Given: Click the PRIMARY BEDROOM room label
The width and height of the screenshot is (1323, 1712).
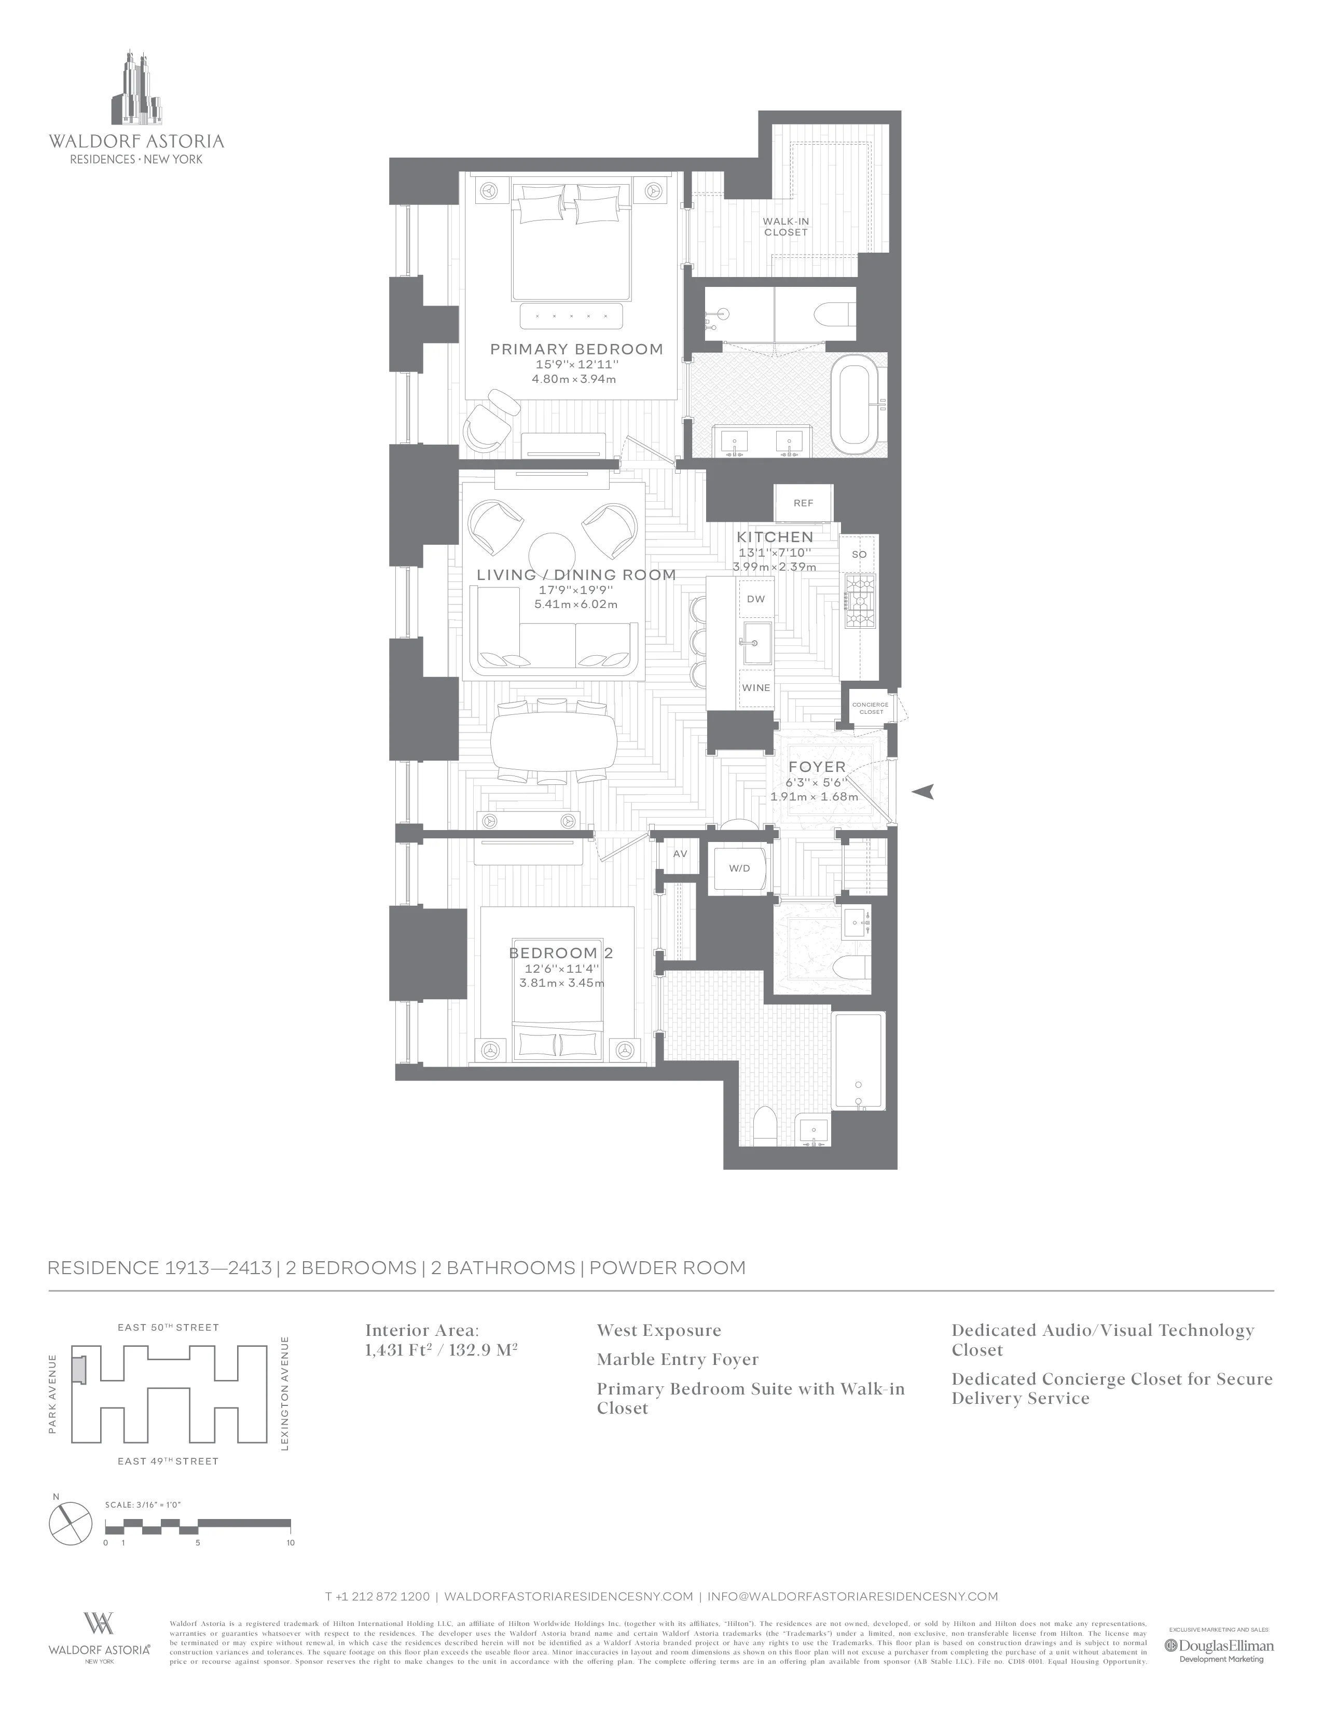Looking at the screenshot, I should [576, 350].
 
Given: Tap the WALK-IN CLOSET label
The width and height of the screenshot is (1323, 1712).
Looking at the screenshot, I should [785, 227].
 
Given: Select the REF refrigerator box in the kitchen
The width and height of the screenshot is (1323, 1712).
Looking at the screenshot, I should [803, 503].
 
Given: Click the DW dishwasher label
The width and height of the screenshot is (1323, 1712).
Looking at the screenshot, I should [755, 599].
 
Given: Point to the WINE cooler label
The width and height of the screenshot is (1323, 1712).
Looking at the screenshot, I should [755, 687].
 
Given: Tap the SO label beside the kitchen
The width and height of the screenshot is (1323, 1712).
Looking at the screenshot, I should [859, 554].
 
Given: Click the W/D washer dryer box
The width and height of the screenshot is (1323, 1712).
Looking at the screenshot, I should [739, 868].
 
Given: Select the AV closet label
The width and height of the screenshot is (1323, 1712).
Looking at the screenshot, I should [680, 853].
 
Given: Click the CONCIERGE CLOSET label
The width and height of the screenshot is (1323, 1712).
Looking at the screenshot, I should [870, 708].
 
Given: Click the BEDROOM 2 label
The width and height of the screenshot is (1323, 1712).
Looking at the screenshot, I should [560, 953].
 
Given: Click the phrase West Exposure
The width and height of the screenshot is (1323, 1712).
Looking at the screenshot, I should [658, 1330].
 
